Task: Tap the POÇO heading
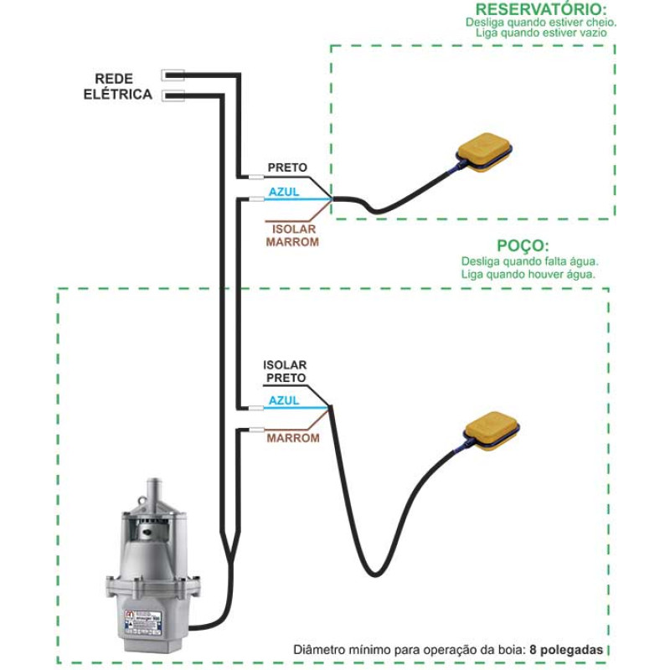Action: [x=523, y=246]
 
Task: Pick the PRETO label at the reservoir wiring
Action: [x=287, y=167]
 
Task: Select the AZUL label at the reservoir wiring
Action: [x=284, y=192]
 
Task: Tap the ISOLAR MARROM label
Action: [x=292, y=235]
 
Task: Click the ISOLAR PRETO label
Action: [x=286, y=372]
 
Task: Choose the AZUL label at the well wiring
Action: [x=284, y=401]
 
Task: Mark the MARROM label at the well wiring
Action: [x=293, y=437]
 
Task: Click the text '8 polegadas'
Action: [x=565, y=650]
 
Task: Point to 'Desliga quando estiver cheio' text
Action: [x=541, y=23]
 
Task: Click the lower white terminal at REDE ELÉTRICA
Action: [x=173, y=95]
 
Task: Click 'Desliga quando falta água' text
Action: [x=528, y=261]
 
